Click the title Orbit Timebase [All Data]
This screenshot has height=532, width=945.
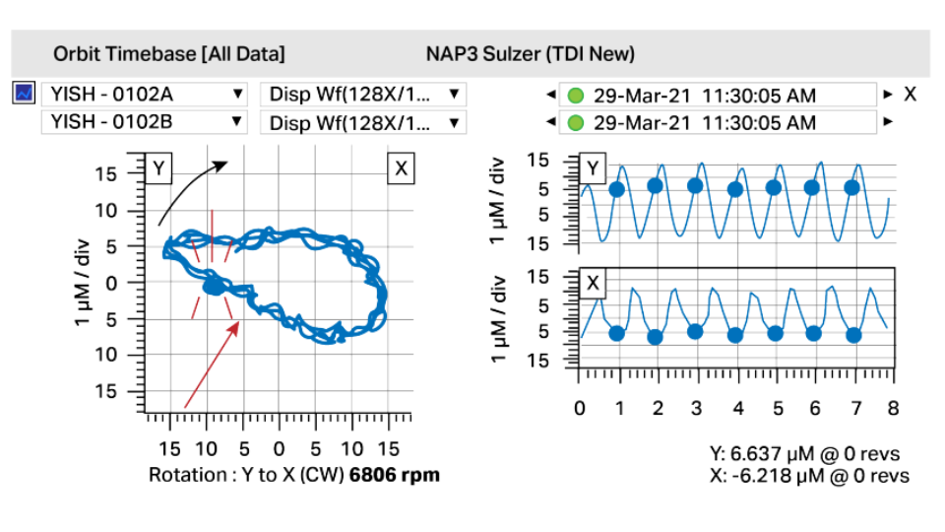click(169, 53)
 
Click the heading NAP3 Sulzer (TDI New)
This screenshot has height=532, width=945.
click(531, 53)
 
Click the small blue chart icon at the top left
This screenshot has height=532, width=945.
click(24, 94)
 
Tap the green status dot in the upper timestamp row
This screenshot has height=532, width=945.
click(576, 96)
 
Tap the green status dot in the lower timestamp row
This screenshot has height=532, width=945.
click(576, 123)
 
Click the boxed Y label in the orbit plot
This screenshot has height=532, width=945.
click(157, 168)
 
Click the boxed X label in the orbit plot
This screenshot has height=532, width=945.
click(401, 168)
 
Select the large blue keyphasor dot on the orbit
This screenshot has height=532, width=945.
click(213, 287)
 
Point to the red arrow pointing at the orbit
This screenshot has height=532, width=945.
click(212, 365)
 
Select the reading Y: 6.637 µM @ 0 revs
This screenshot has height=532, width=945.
click(804, 454)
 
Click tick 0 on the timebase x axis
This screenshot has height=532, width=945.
click(580, 408)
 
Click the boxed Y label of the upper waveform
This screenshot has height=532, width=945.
click(592, 168)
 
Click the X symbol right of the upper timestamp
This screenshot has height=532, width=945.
click(911, 95)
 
